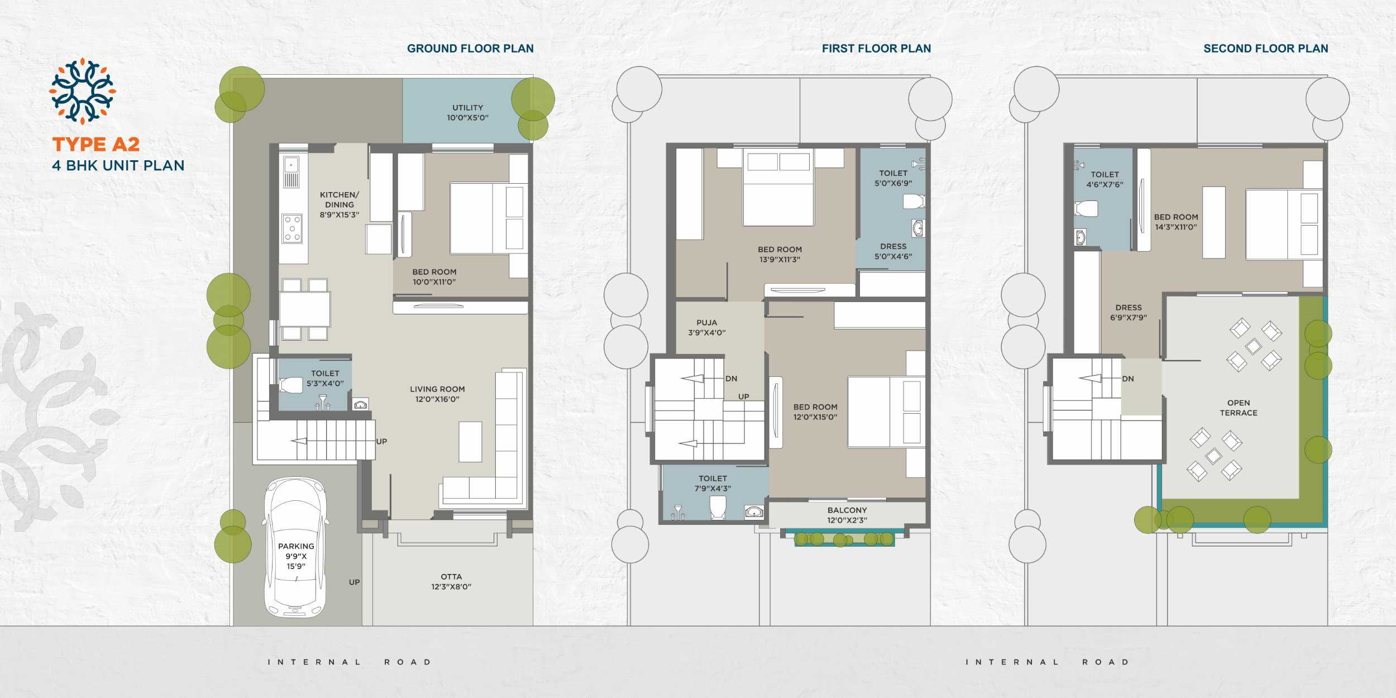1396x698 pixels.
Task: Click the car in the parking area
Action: [x=295, y=547]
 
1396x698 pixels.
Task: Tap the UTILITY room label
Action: [x=468, y=108]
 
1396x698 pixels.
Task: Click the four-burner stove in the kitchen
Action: [x=292, y=228]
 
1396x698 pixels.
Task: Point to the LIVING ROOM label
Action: [x=437, y=389]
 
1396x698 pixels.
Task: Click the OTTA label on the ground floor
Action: [x=451, y=577]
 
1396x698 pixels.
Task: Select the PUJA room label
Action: [x=707, y=323]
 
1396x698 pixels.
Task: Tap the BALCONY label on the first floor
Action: [x=847, y=510]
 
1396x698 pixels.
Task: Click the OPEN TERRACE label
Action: [x=1239, y=408]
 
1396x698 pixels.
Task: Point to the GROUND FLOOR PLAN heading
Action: [x=470, y=49]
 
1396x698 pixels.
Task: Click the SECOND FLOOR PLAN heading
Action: [x=1266, y=49]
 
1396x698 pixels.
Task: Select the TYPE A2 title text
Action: [x=96, y=145]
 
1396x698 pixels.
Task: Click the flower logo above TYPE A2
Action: [x=83, y=91]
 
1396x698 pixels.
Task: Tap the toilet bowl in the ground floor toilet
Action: [x=290, y=385]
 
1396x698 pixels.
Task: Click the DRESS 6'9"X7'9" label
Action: [x=1129, y=313]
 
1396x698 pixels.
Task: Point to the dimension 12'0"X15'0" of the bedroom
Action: [x=815, y=417]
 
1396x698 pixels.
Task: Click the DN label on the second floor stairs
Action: [x=1128, y=379]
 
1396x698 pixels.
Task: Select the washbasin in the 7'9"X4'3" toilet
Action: [x=754, y=511]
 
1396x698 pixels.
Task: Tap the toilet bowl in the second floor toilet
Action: [x=1086, y=209]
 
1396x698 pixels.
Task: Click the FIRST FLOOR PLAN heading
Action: [x=876, y=49]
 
